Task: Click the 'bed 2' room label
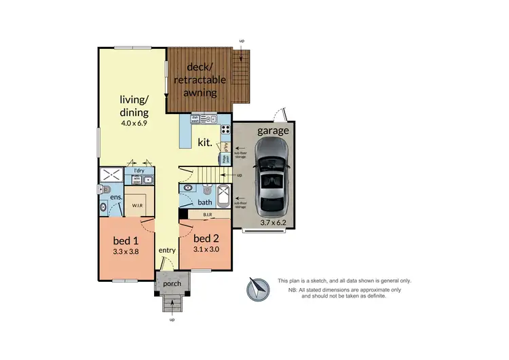206,238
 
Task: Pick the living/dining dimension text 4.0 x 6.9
134,124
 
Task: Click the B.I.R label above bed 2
208,214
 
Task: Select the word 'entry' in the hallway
167,251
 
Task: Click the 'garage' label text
274,130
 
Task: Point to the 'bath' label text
205,202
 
